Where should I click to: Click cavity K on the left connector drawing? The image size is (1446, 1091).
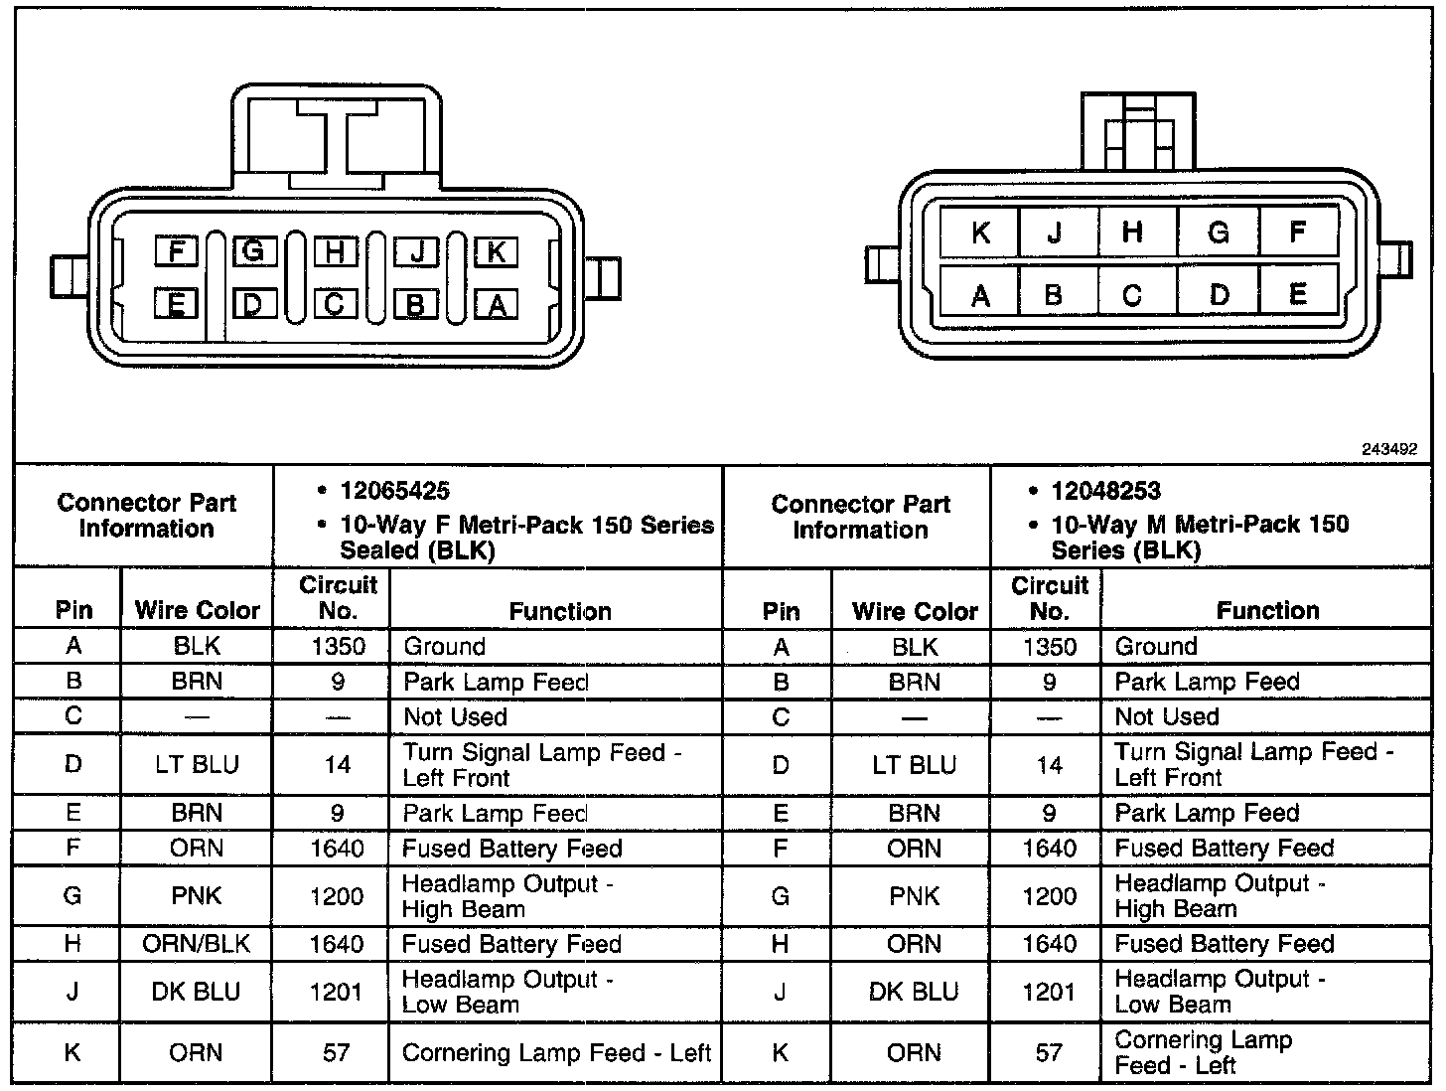click(x=496, y=252)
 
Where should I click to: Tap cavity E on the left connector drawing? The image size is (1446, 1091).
click(x=176, y=303)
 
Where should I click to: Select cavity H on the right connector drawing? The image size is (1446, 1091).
click(x=1132, y=233)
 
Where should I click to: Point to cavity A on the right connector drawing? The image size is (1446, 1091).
click(x=980, y=296)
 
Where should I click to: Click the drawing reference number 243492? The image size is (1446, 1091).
click(x=1388, y=449)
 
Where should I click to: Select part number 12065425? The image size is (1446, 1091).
click(x=394, y=491)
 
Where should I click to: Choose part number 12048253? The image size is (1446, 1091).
click(x=1105, y=491)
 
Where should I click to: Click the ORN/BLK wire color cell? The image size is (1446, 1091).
click(x=197, y=943)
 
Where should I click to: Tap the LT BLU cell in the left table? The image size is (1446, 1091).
click(x=197, y=764)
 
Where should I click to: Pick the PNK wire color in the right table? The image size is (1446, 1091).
click(x=914, y=896)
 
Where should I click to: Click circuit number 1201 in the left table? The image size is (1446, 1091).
click(x=337, y=992)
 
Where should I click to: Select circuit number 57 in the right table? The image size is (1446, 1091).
click(x=1049, y=1052)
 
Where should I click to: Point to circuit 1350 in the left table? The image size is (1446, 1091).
click(x=338, y=647)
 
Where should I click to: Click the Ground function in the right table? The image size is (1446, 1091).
click(x=1156, y=647)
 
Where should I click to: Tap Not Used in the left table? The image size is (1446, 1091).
click(x=455, y=716)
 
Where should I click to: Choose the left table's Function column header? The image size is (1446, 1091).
click(x=560, y=611)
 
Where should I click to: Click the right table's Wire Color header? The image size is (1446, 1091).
click(x=915, y=611)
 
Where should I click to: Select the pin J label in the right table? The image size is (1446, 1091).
click(x=781, y=992)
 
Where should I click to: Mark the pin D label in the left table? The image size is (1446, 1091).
click(x=72, y=764)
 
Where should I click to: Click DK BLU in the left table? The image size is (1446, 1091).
click(x=197, y=992)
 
